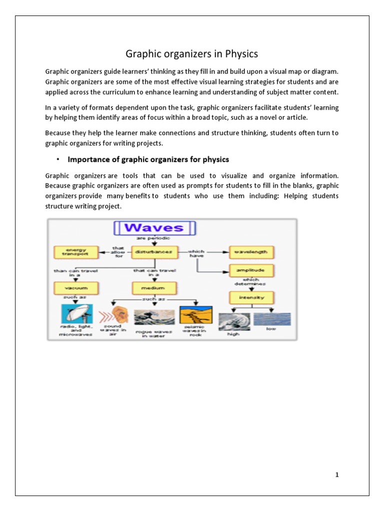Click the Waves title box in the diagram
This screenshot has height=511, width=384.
click(x=155, y=229)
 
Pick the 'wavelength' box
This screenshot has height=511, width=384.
click(x=250, y=253)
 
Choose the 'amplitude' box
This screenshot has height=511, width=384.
click(x=250, y=270)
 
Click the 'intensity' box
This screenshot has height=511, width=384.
click(x=250, y=297)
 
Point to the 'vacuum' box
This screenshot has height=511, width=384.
click(x=76, y=288)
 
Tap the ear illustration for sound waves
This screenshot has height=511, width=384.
click(x=119, y=315)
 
